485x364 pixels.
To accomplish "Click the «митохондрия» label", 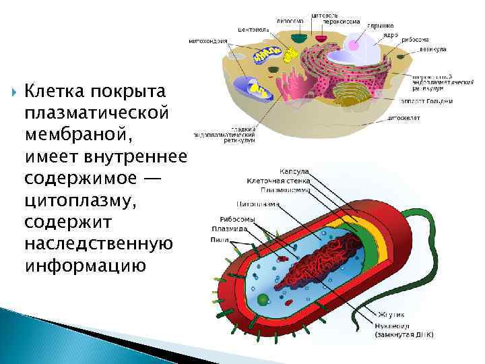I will [207, 39].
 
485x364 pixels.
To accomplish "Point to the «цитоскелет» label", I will [404, 117].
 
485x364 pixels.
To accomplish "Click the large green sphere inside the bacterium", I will [263, 299].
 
